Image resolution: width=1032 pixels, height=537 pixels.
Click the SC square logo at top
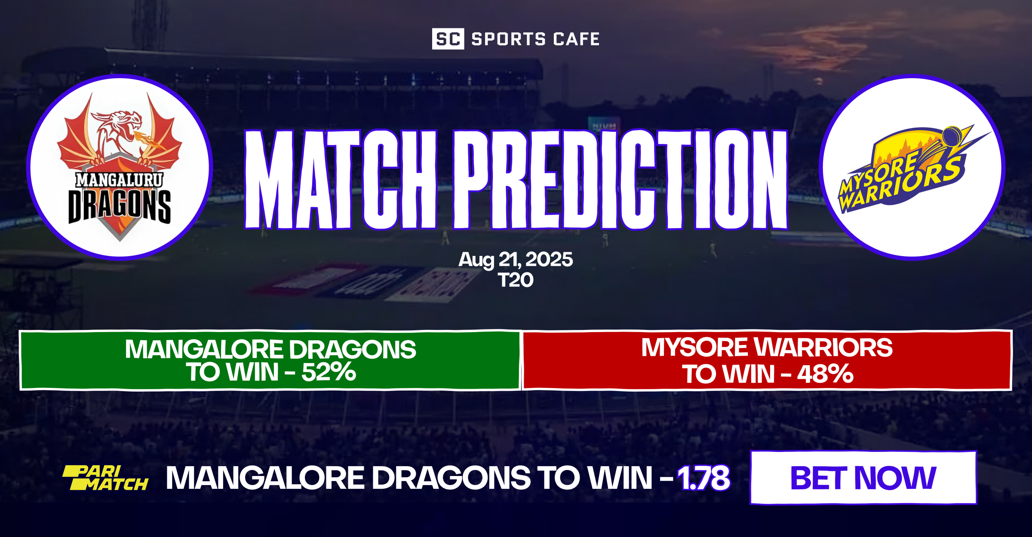point(448,39)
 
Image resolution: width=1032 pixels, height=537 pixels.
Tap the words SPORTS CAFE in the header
point(535,39)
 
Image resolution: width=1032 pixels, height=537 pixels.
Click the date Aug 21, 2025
point(516,259)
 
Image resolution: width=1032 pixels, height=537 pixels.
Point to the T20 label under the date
point(516,281)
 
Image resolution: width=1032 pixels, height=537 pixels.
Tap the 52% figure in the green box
point(329,372)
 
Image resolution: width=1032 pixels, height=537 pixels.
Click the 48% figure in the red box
point(825,374)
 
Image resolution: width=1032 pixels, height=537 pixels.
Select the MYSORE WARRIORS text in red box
point(767,348)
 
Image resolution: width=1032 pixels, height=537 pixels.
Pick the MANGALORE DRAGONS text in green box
point(270,349)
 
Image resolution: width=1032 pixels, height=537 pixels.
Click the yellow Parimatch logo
point(105,478)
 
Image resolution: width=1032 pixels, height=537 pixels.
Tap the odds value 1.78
point(703,478)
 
